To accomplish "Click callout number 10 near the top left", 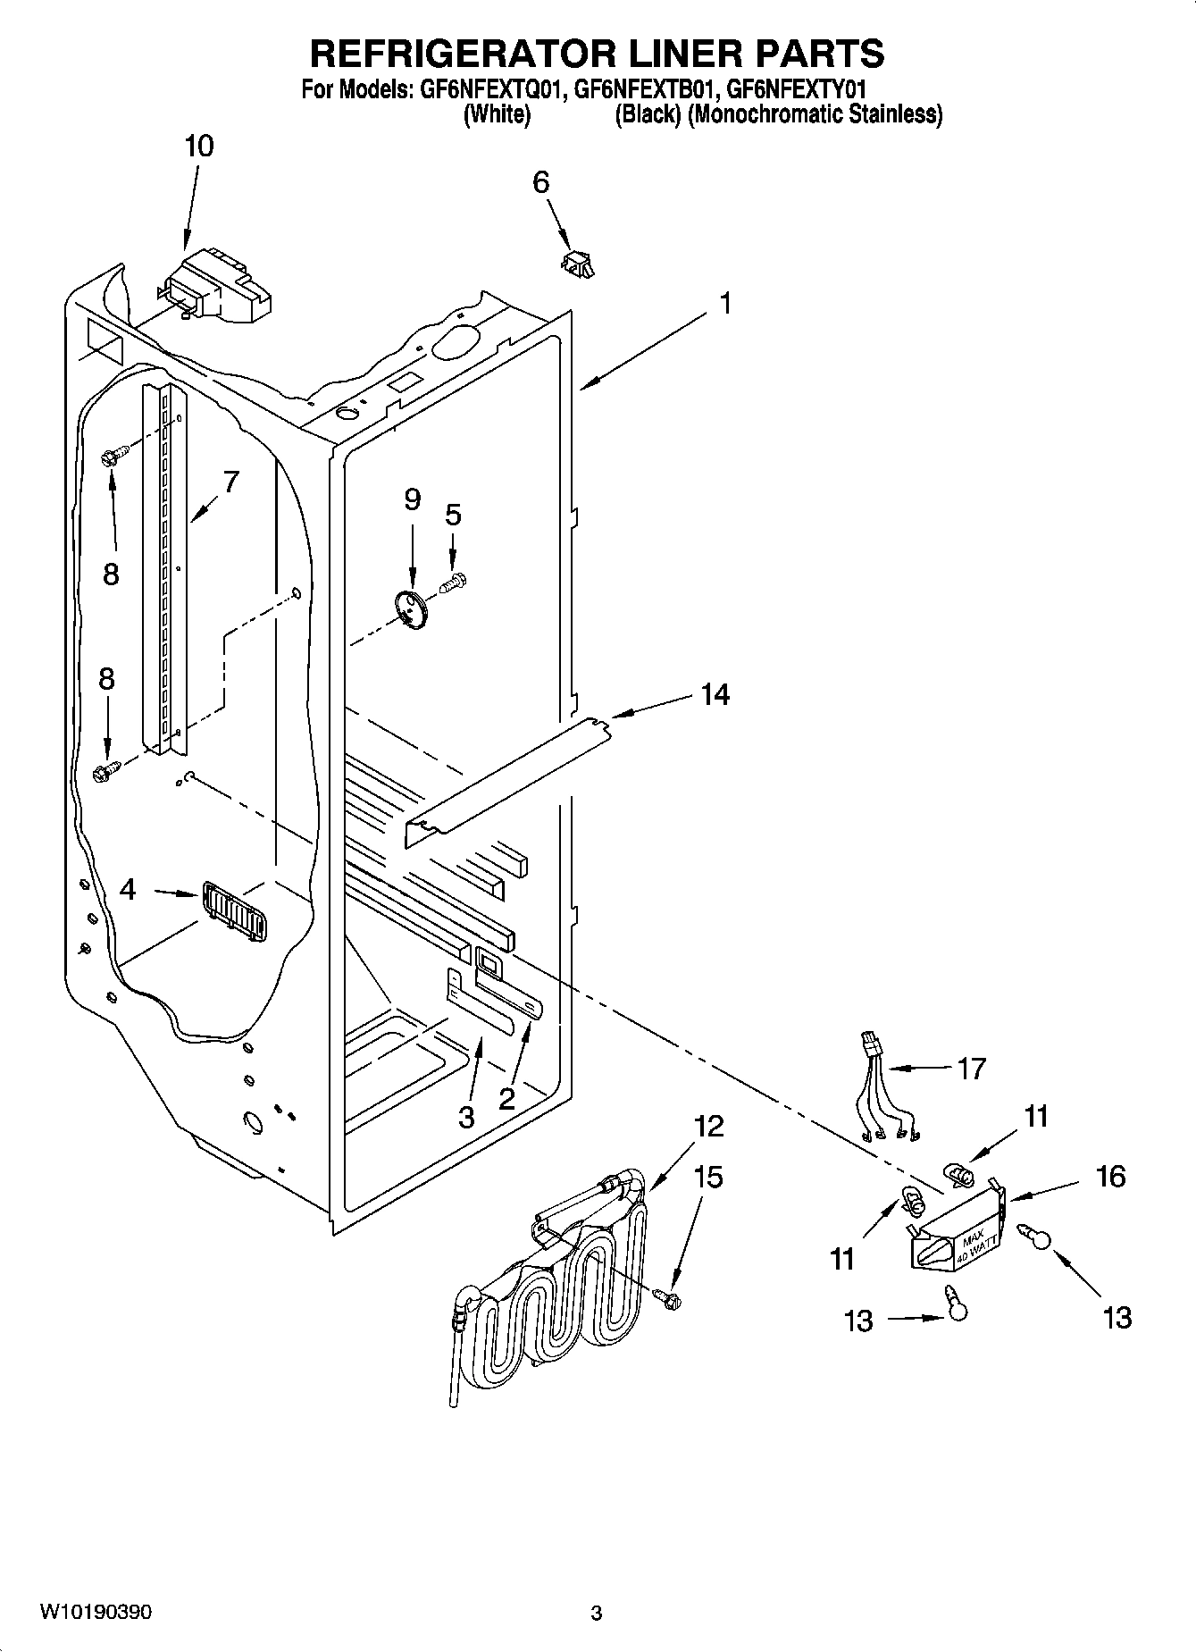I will [198, 147].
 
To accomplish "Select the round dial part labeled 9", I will [413, 609].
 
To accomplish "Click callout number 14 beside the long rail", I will [715, 694].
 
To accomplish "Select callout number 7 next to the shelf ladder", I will [230, 482].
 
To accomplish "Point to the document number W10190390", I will [96, 1612].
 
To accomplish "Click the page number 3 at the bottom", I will [596, 1614].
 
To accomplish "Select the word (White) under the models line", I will [498, 114].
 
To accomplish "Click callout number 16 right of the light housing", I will [1110, 1176].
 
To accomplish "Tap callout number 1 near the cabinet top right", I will [725, 304].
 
